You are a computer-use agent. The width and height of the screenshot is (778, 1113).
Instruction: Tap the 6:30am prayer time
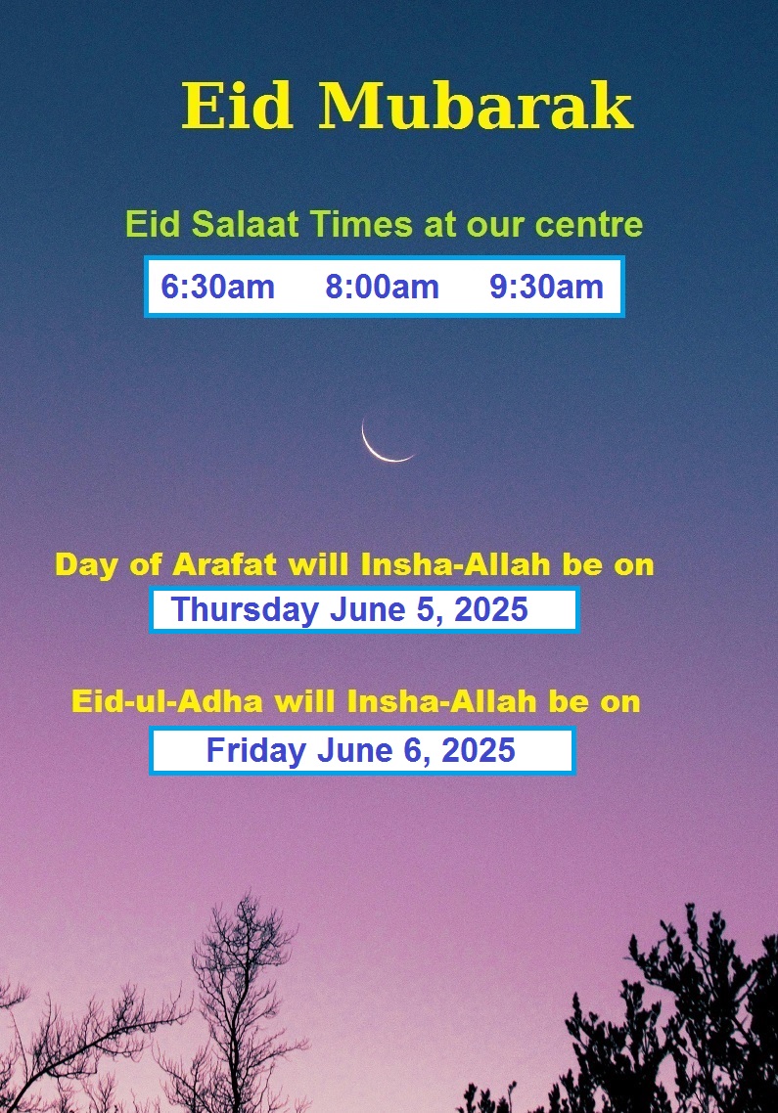coord(217,287)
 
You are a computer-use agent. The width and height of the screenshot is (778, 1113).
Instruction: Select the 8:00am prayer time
coord(383,287)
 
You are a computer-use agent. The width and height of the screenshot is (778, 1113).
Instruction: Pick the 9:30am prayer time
coord(546,287)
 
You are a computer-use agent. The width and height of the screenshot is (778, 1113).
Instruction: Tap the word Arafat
coord(224,565)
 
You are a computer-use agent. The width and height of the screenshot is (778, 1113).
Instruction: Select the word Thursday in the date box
coord(245,610)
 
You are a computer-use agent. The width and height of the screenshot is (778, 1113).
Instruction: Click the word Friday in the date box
coord(256,751)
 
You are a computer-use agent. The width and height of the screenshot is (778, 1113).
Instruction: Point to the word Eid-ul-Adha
coord(167,702)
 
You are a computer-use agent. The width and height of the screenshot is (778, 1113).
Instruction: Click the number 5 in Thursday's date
coord(424,609)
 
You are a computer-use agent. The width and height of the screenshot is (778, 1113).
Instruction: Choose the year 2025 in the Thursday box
coord(491,609)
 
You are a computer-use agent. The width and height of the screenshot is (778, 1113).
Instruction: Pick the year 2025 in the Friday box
coord(479,751)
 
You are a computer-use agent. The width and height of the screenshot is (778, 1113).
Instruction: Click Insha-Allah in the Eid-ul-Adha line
coord(442,702)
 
